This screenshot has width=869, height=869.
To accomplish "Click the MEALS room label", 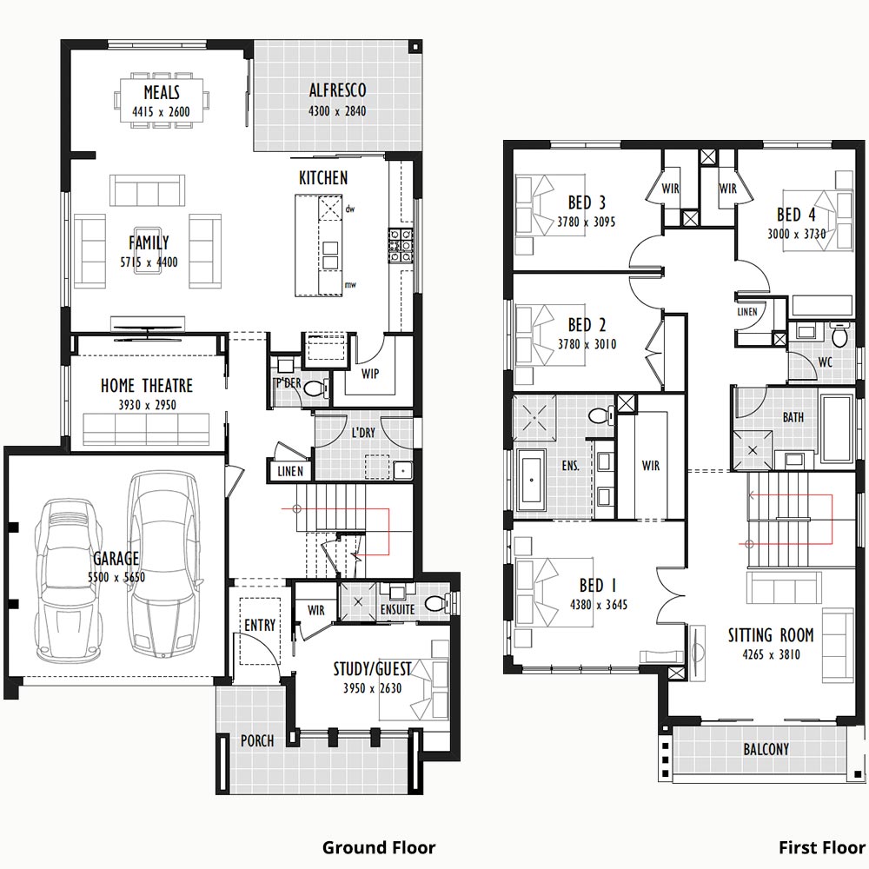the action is point(162,92).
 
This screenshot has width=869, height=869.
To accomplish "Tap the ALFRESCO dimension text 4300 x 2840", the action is point(337,111).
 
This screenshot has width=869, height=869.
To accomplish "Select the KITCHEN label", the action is point(323,178).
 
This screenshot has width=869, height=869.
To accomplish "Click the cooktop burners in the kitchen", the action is point(400,245).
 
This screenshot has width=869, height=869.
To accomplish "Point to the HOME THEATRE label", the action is point(147,385).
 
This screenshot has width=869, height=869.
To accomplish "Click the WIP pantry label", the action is point(369,374).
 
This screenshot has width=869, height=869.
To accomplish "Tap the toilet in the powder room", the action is point(315,388).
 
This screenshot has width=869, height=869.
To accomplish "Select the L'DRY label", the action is point(363,432).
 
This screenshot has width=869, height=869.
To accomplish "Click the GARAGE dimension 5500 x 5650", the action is point(116,577).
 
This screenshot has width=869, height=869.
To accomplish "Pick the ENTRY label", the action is point(260,625).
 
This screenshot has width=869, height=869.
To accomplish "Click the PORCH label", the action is point(257,740).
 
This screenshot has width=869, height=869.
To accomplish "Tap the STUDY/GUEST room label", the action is point(372,669).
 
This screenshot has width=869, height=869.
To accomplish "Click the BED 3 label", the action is point(587,202).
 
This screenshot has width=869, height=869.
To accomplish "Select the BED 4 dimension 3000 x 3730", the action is point(796,234).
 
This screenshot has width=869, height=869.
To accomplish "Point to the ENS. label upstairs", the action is point(570,466).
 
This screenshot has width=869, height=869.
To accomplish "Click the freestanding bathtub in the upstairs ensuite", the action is point(531,480).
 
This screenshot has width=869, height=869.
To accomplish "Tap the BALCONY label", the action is point(766,749).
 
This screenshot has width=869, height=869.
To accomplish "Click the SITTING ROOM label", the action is point(770,635).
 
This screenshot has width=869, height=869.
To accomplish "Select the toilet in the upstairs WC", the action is point(840,335).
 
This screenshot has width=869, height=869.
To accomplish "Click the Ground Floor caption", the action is point(379,847).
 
